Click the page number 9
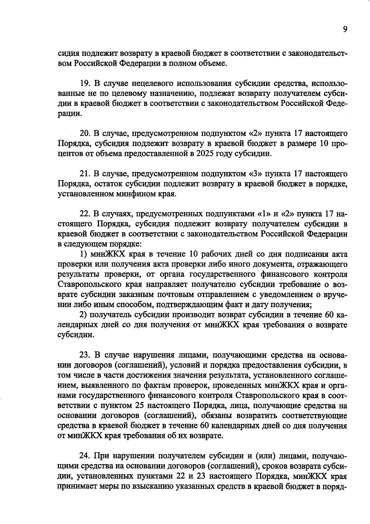(345, 29)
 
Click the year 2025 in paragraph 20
(206, 154)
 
